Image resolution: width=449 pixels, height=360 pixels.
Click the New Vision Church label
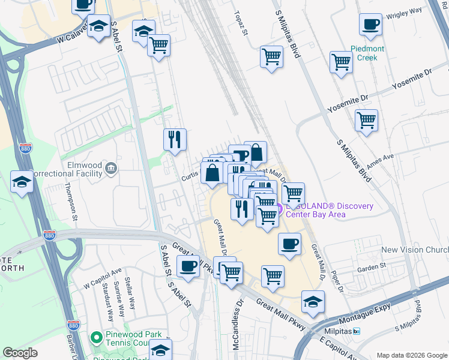[x=415, y=250]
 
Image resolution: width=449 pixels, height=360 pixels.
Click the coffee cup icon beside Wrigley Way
[x=370, y=25]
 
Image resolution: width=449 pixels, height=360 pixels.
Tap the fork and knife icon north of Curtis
[x=175, y=140]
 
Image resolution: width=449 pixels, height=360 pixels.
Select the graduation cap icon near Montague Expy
[x=313, y=302]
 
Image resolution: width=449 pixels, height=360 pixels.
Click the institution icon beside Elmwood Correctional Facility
[x=110, y=169]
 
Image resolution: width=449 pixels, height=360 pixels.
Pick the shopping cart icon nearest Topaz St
[x=271, y=57]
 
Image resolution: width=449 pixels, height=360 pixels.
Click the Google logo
[x=20, y=353]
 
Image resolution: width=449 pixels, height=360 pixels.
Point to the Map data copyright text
[x=411, y=355]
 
